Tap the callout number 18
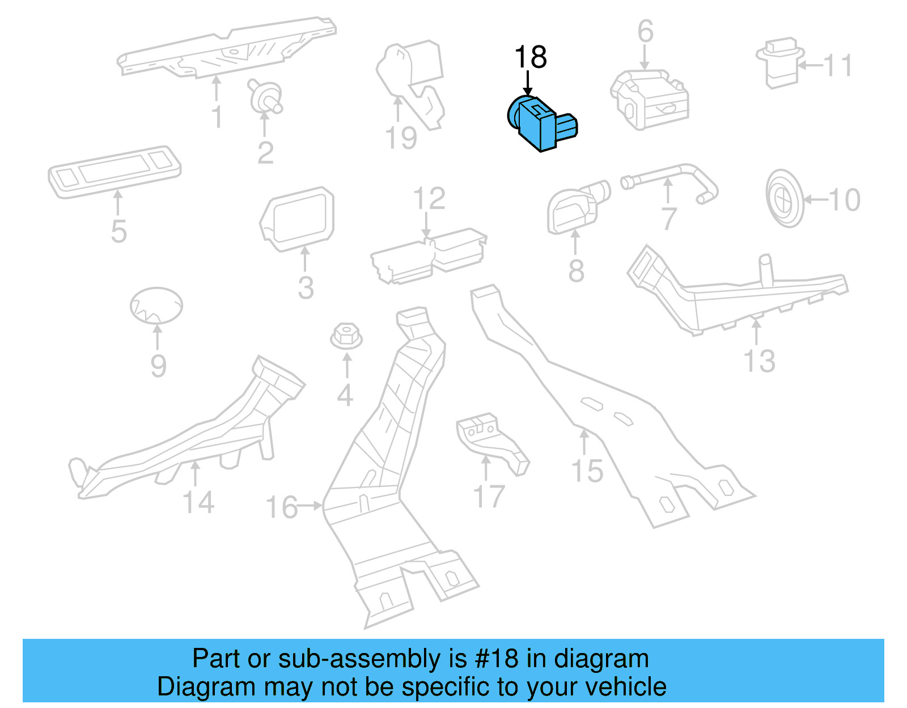[x=530, y=57]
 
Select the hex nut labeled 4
[x=346, y=336]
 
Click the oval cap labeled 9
[x=156, y=306]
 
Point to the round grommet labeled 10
[x=785, y=198]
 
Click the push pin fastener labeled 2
[x=265, y=96]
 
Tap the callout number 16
[x=282, y=506]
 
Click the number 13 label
[x=759, y=361]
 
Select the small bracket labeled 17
[x=491, y=440]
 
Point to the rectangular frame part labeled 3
[x=298, y=218]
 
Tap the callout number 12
[x=429, y=198]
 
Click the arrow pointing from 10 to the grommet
[x=815, y=200]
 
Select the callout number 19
[x=401, y=138]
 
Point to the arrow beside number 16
[x=311, y=505]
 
